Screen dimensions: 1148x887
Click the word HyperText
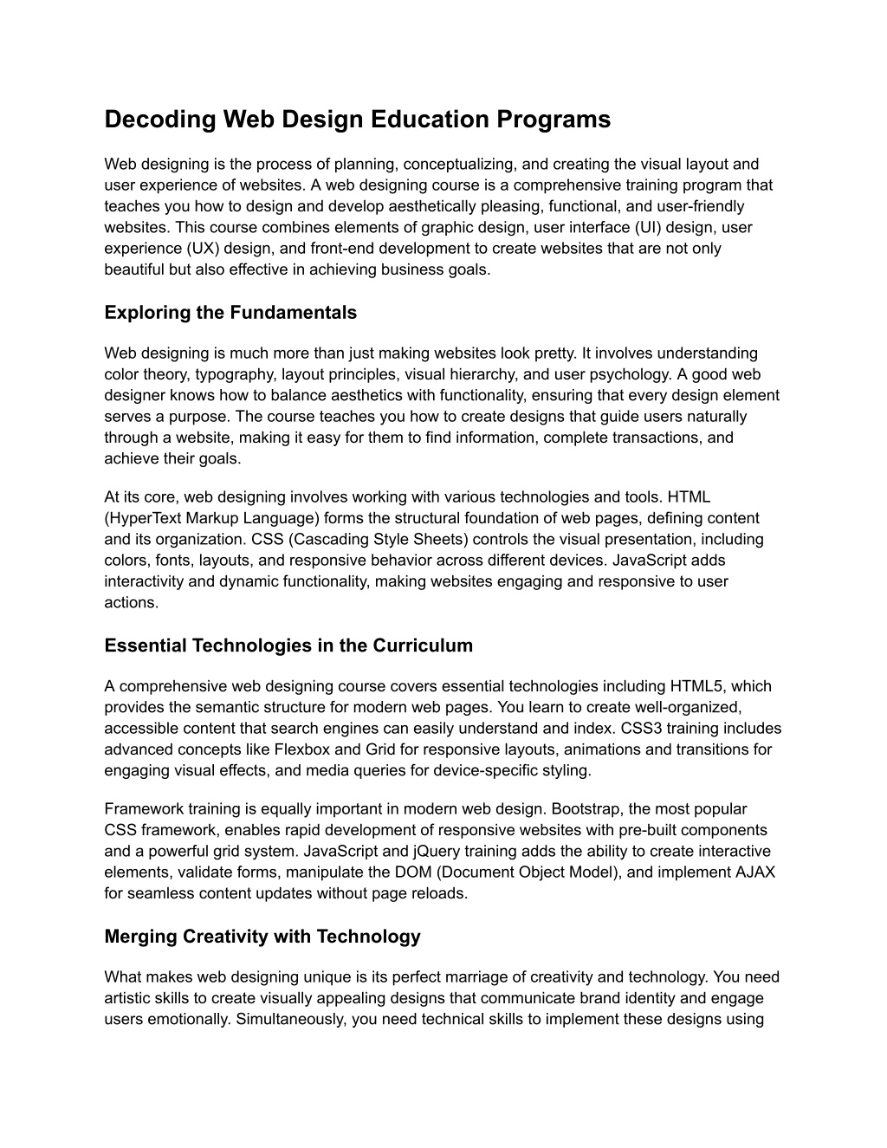pyautogui.click(x=145, y=518)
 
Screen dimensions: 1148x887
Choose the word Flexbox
pyautogui.click(x=302, y=749)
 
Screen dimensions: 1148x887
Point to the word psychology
pyautogui.click(x=633, y=374)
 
